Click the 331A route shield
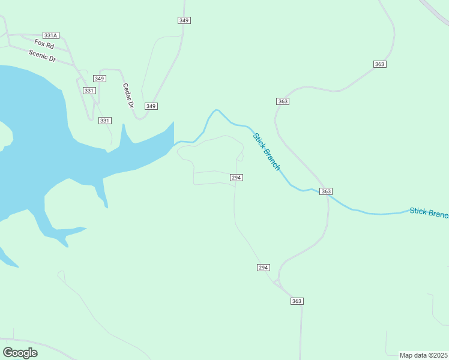[50, 36]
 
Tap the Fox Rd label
[44, 44]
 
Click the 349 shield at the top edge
[184, 20]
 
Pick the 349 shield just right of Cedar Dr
[151, 106]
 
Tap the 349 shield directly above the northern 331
[100, 79]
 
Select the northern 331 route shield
[89, 91]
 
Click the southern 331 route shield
[105, 121]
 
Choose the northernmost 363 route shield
[379, 64]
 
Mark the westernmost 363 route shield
[283, 101]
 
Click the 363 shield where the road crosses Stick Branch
[326, 191]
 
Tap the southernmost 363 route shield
[297, 301]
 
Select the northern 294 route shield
[237, 178]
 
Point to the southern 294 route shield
[264, 267]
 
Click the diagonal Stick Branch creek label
[267, 151]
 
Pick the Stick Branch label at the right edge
[429, 213]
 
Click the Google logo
[20, 353]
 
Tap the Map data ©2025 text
[424, 355]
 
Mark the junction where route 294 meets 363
[277, 282]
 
